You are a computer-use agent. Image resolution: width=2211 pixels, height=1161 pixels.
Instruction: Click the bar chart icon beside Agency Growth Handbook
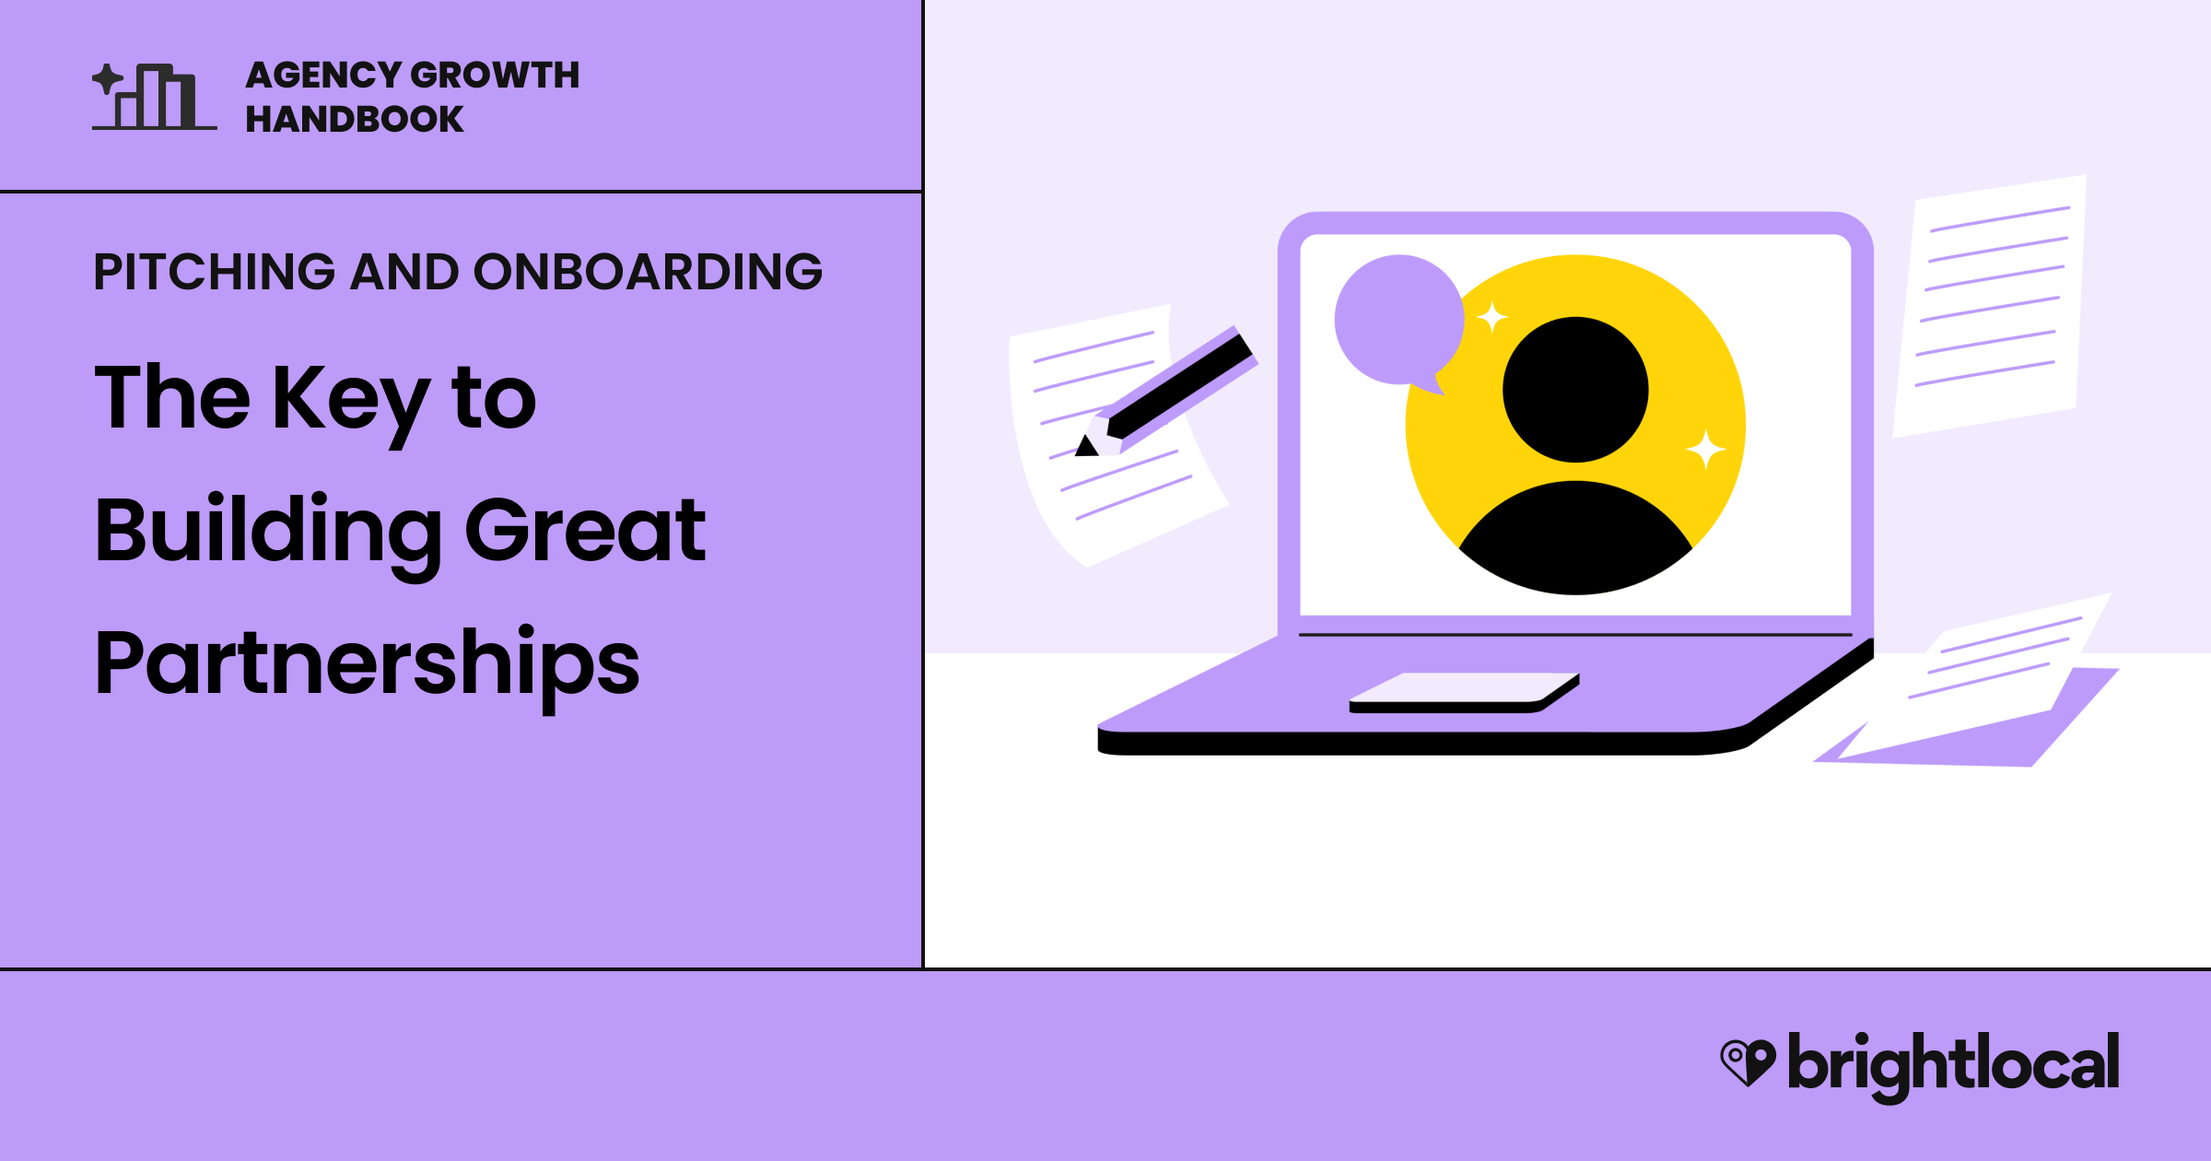(154, 96)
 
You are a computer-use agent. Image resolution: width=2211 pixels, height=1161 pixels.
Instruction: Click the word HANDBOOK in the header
(355, 119)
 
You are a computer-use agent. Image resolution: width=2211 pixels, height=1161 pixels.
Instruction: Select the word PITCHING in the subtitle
(214, 272)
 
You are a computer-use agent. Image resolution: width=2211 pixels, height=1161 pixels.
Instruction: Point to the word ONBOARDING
(648, 272)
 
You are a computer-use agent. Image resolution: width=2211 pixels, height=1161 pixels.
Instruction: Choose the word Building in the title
(268, 534)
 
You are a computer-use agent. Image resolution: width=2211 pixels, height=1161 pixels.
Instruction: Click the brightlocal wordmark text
(1953, 1067)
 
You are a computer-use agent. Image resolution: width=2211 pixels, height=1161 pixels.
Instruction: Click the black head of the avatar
(1575, 390)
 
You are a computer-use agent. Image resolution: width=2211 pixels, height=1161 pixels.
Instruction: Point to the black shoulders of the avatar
(1575, 539)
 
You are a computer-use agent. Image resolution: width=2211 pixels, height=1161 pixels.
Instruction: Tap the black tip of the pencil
(1087, 447)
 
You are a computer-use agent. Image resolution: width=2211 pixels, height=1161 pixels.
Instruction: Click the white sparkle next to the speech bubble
(1492, 317)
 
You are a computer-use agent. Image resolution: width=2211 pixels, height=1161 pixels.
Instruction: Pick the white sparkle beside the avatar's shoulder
(1706, 450)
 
